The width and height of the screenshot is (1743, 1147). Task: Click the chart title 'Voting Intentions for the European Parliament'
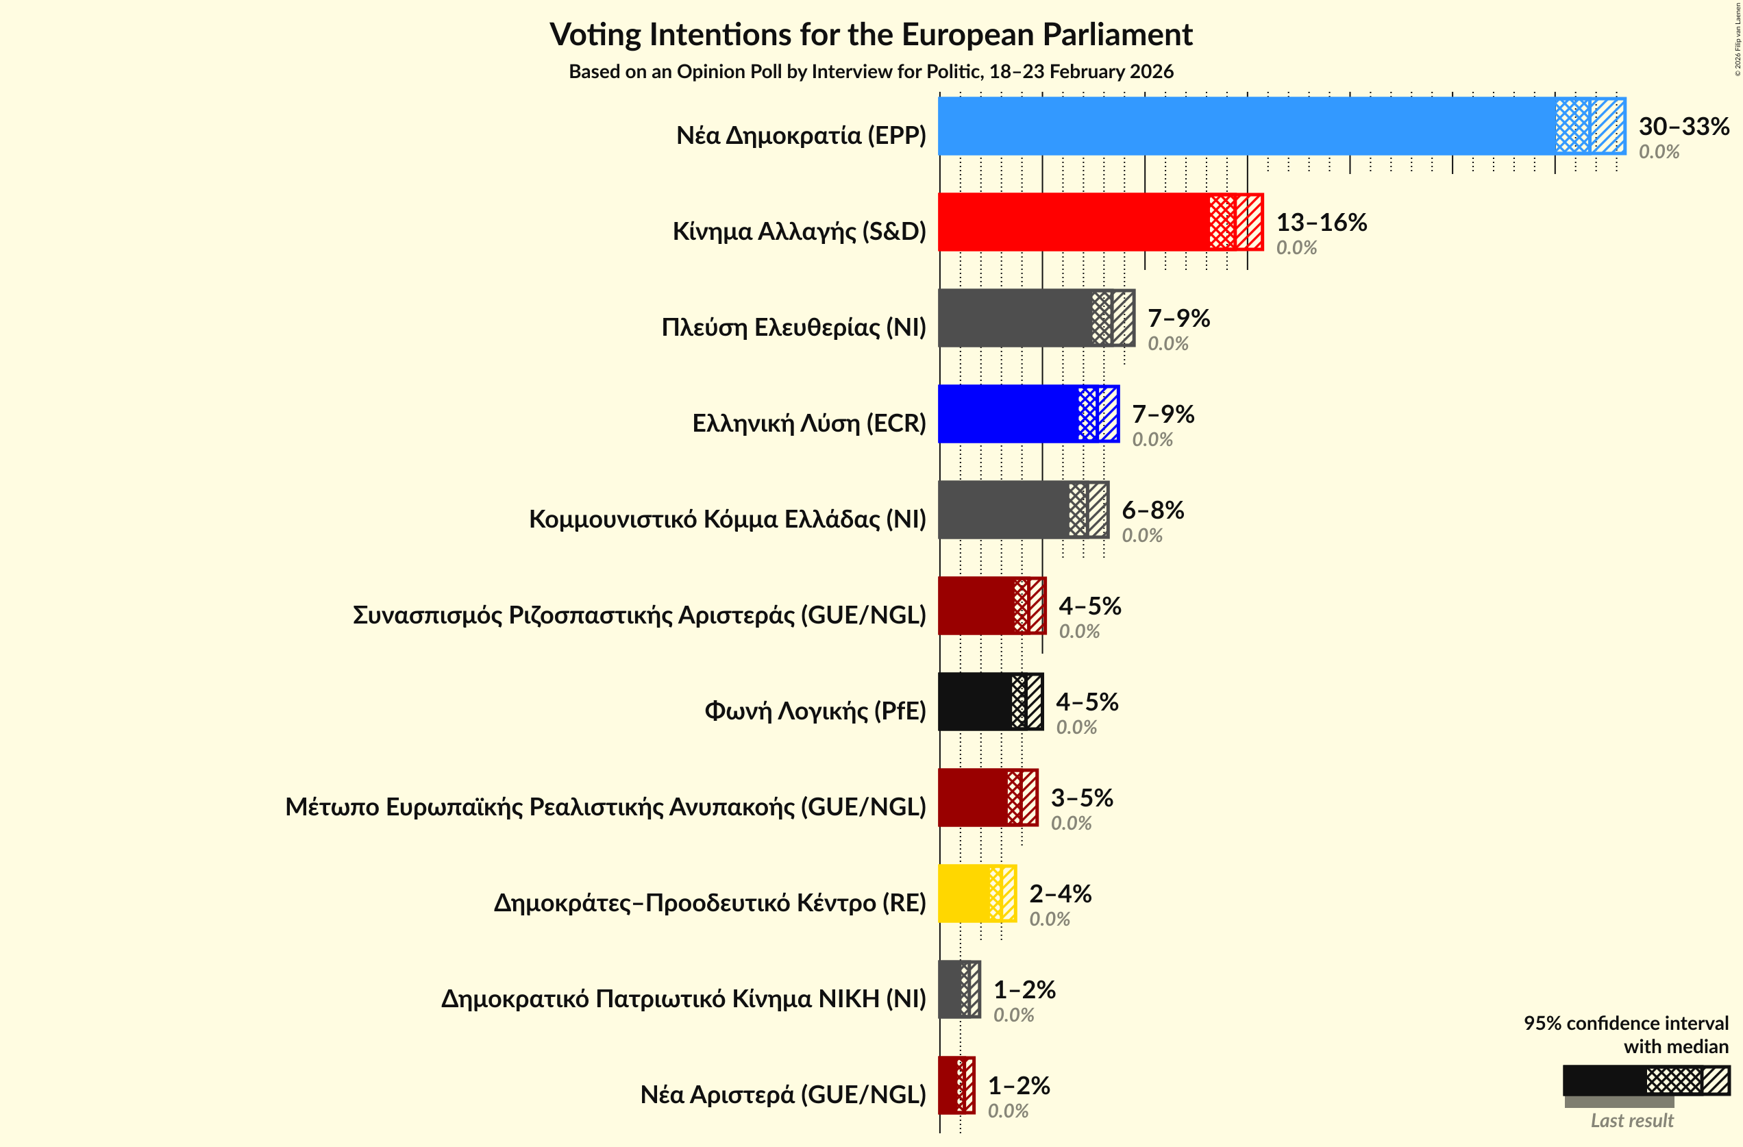tap(871, 34)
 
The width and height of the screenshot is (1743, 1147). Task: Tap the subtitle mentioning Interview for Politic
tap(871, 72)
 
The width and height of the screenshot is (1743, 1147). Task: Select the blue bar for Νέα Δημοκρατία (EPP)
tap(1245, 126)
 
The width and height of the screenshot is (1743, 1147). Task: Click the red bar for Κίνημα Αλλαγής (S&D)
tap(1073, 222)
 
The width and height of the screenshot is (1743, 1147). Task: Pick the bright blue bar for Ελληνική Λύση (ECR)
tap(1008, 414)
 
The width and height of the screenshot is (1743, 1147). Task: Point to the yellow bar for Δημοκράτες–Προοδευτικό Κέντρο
tap(964, 893)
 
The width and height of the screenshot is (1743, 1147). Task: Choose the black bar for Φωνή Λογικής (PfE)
tap(975, 702)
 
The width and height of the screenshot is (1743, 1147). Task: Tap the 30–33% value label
tap(1683, 126)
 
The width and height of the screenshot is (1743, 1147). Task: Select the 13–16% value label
tap(1321, 222)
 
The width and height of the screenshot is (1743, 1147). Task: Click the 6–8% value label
tap(1152, 510)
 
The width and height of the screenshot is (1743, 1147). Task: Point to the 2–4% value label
tap(1060, 893)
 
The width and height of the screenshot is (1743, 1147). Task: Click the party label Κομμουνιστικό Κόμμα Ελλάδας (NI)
tap(727, 519)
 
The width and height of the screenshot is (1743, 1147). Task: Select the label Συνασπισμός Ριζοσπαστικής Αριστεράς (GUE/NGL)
tap(639, 615)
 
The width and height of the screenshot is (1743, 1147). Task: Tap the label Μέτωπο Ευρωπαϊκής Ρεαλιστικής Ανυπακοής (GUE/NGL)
tap(606, 807)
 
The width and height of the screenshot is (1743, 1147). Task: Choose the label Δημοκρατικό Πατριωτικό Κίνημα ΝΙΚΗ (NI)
tap(683, 999)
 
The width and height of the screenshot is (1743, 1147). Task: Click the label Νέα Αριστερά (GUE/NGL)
tap(783, 1095)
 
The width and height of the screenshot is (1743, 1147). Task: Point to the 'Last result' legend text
tap(1632, 1121)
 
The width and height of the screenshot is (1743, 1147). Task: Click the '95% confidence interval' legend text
tap(1626, 1023)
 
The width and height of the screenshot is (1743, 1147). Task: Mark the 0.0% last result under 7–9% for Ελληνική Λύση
tap(1152, 439)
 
